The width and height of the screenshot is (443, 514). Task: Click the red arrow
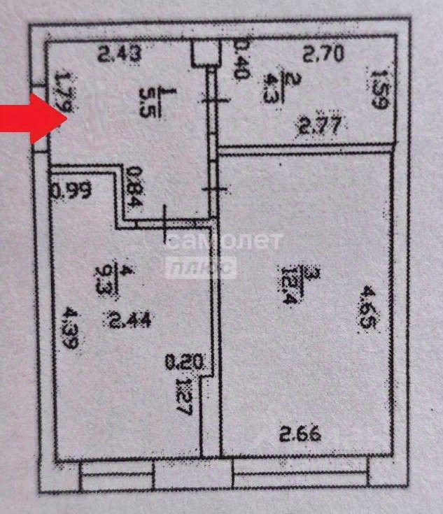point(32,117)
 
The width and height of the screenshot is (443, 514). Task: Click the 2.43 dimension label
point(120,53)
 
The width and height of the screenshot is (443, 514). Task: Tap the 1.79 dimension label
point(64,90)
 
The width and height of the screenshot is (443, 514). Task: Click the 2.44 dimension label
point(129,320)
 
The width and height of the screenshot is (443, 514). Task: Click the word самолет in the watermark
point(224,243)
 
